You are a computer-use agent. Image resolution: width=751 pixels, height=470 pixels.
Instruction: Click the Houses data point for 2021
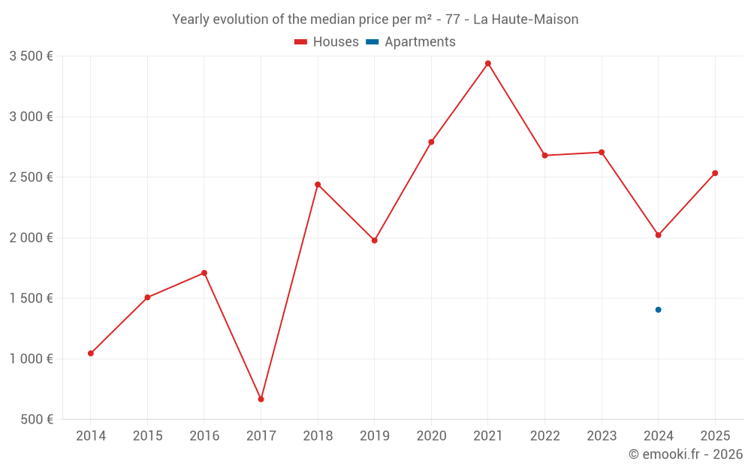(488, 63)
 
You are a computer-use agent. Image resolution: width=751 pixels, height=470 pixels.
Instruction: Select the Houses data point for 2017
(261, 399)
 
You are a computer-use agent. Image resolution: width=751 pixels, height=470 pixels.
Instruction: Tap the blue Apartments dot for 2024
(658, 310)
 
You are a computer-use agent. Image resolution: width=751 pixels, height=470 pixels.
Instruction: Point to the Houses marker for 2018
(318, 184)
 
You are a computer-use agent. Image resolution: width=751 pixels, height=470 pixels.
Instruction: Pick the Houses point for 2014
(91, 353)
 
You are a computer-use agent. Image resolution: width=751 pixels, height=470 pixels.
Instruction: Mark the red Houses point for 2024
(658, 235)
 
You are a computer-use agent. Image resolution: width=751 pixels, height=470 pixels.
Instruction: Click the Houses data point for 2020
(431, 142)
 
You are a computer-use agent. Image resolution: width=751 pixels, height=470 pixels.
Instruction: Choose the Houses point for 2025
(715, 173)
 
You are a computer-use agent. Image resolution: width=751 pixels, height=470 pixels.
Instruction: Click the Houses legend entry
(327, 42)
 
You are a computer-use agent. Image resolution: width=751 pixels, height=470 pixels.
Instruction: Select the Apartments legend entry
(411, 42)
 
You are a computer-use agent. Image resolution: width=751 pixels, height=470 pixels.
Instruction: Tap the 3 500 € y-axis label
(31, 56)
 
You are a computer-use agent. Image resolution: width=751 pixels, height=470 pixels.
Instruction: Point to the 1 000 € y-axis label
(31, 359)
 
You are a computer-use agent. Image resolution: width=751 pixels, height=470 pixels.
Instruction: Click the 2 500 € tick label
(31, 177)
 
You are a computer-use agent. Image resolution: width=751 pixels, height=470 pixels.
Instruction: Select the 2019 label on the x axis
(374, 436)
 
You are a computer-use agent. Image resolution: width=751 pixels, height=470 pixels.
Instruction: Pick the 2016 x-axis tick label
(204, 436)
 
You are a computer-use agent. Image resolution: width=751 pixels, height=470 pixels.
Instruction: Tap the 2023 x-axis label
(602, 436)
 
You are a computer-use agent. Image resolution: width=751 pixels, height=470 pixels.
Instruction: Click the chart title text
(375, 20)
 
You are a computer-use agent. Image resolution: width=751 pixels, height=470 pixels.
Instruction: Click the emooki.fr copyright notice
(685, 454)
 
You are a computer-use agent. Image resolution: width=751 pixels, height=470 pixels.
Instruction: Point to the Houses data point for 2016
(204, 273)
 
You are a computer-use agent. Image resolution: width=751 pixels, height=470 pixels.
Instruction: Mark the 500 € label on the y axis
(36, 420)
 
